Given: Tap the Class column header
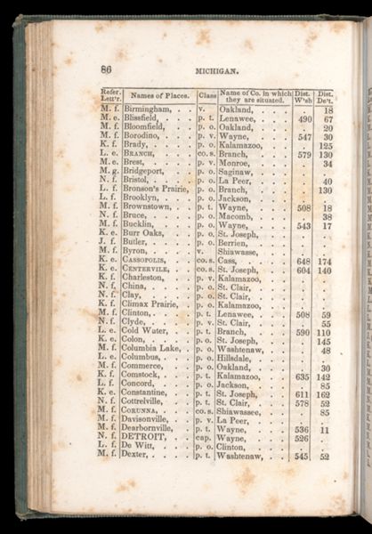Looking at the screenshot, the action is (x=206, y=94).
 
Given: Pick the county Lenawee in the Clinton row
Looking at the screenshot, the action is (x=239, y=313).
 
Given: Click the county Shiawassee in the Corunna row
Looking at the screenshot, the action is (x=243, y=411).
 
